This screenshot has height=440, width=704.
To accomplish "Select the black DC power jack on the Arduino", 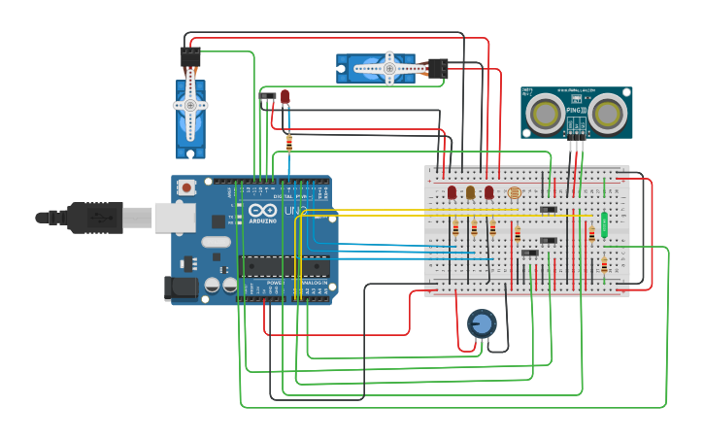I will pyautogui.click(x=180, y=288).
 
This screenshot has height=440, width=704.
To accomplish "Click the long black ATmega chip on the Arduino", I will pyautogui.click(x=284, y=266).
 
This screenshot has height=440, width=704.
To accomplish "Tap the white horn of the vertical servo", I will pyautogui.click(x=190, y=106).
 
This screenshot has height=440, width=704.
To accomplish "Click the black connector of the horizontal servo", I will pyautogui.click(x=437, y=68).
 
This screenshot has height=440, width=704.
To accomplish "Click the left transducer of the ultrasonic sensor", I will pyautogui.click(x=544, y=113).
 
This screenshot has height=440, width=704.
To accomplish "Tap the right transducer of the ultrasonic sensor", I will pyautogui.click(x=609, y=113).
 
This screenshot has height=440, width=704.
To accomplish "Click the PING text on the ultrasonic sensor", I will pyautogui.click(x=575, y=111).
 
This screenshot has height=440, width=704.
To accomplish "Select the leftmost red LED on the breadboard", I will pyautogui.click(x=452, y=192).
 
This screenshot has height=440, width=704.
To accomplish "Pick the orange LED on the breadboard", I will pyautogui.click(x=470, y=192).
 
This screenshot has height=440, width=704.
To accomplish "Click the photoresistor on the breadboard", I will pyautogui.click(x=514, y=194).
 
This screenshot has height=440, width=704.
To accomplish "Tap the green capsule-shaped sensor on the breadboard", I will pyautogui.click(x=604, y=224).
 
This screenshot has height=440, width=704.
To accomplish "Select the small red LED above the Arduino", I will pyautogui.click(x=285, y=97).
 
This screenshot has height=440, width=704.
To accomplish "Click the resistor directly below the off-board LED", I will pyautogui.click(x=289, y=143).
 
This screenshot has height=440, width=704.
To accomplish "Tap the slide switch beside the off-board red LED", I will pyautogui.click(x=267, y=96).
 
